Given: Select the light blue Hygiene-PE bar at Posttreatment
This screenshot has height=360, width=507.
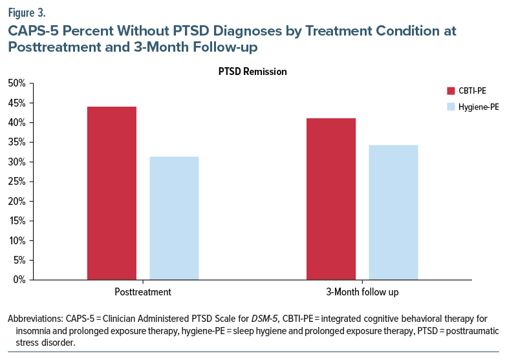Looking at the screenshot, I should pos(174,218).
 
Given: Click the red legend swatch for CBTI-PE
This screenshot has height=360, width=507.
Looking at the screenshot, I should pos(451,90).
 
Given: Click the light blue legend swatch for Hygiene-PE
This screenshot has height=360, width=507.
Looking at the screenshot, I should pos(451,105).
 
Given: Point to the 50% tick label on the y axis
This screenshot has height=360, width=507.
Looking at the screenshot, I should pos(17,83).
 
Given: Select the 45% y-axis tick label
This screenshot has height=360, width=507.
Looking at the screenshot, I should pos(17,103).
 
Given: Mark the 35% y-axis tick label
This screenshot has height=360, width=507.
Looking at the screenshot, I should pos(17,142).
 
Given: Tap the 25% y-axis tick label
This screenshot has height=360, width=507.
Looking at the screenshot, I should pos(17,182).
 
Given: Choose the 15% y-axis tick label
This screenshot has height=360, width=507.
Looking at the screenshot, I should pos(17,221).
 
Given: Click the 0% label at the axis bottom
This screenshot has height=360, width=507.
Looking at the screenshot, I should pos(19,280).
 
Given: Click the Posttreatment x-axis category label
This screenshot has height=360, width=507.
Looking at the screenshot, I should pos(142,292).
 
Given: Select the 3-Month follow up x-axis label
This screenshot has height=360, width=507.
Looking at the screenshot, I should pos(361,292).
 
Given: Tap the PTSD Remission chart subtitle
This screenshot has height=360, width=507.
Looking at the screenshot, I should pos(252,72).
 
